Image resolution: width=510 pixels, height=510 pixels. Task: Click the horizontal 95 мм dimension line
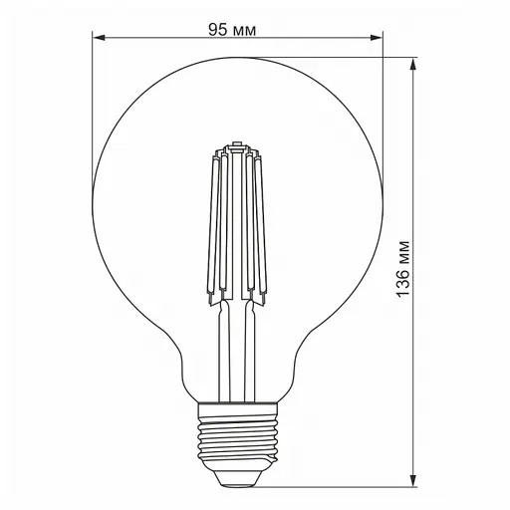pyautogui.click(x=159, y=40)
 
